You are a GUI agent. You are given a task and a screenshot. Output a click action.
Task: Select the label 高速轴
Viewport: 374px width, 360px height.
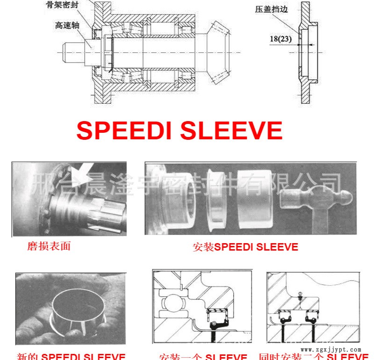pos(66,26)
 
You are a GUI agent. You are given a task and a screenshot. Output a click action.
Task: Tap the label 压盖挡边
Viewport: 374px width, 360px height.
pos(270,9)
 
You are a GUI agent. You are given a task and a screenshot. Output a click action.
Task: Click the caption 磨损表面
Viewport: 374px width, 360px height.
pos(49,246)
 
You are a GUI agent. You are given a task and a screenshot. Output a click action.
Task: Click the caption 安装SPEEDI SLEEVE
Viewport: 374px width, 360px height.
pos(245,247)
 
